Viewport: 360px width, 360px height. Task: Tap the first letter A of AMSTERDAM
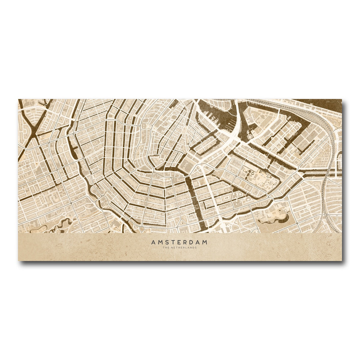coord(153,242)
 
